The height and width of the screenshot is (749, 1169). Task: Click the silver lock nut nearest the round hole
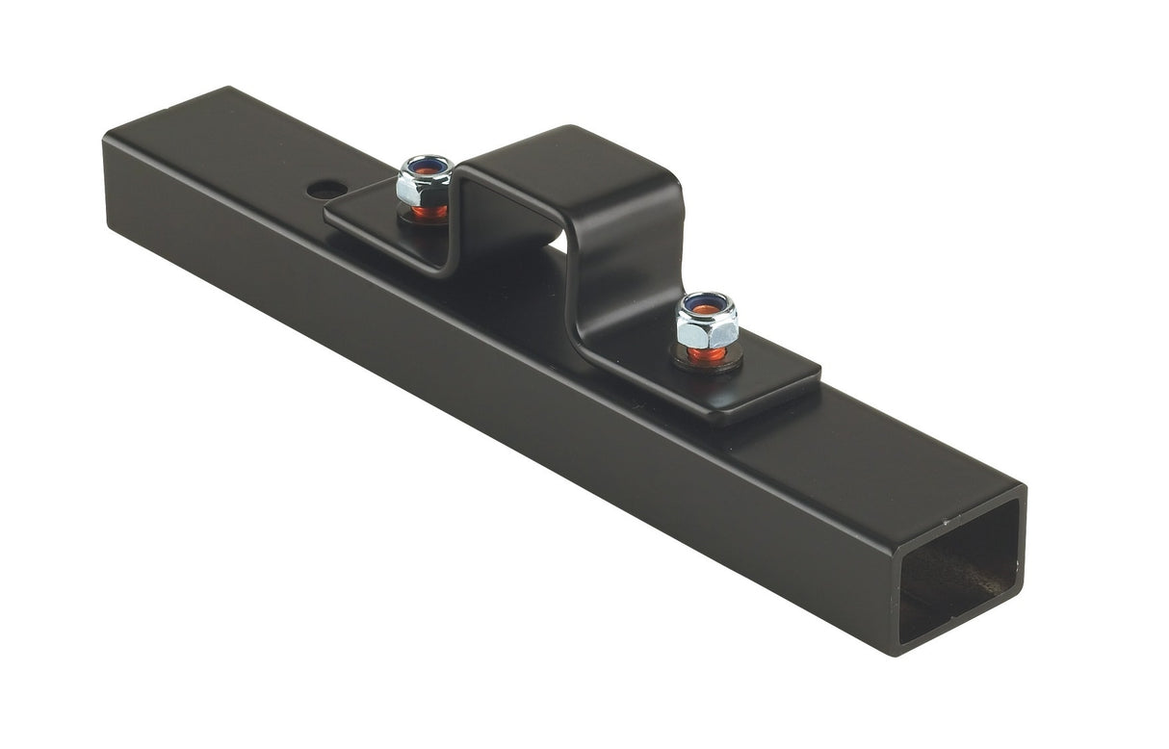coord(425,183)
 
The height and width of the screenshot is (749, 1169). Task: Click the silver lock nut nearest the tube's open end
coord(706,324)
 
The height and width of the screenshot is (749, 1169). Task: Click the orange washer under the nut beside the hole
coord(429,213)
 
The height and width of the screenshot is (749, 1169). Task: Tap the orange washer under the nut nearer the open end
coord(707,354)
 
